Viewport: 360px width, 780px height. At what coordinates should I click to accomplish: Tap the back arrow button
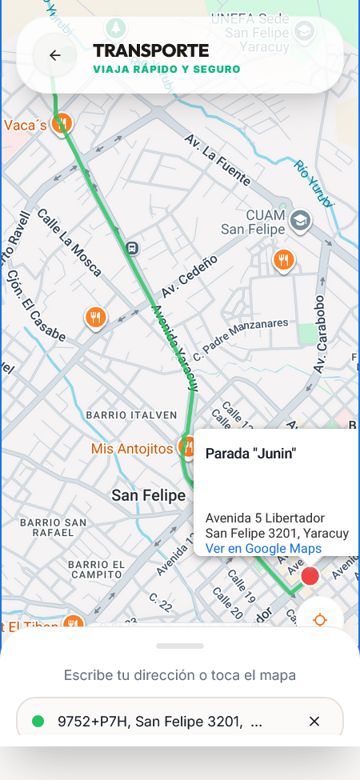tap(54, 55)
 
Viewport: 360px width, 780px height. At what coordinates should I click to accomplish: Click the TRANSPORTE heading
tap(150, 51)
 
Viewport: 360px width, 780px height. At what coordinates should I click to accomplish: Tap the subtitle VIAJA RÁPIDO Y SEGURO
tap(166, 70)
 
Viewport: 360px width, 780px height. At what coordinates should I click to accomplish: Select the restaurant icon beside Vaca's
tap(62, 123)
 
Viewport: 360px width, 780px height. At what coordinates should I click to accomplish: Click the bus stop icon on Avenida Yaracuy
tap(132, 248)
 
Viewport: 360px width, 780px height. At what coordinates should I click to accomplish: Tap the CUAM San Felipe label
tap(254, 222)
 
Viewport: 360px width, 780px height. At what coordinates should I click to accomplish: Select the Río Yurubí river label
tap(313, 183)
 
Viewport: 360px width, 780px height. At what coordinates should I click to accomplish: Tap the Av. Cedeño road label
tap(190, 277)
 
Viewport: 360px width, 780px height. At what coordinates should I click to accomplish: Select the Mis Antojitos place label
tap(132, 449)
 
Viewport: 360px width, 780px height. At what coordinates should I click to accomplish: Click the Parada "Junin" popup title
tap(250, 454)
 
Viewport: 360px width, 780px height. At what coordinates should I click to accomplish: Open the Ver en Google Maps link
tap(263, 548)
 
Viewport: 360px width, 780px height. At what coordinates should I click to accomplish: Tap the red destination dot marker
tap(310, 576)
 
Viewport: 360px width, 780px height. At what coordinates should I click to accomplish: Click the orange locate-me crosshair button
tap(320, 620)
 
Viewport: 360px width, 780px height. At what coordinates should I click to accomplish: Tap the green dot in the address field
tap(38, 722)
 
